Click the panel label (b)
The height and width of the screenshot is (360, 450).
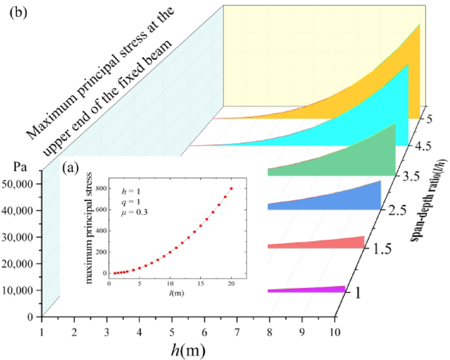pyautogui.click(x=18, y=14)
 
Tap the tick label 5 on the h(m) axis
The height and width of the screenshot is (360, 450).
pyautogui.click(x=171, y=328)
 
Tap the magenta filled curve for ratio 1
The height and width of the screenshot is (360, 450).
pyautogui.click(x=328, y=289)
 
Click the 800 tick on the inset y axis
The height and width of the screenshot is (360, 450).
pyautogui.click(x=101, y=189)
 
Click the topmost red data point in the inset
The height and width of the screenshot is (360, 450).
pyautogui.click(x=231, y=189)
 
